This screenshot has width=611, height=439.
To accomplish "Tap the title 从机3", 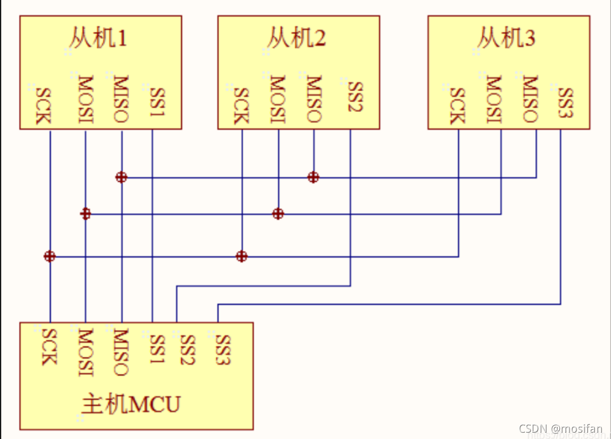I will click(506, 39).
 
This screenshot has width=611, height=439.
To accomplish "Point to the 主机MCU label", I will click(131, 405).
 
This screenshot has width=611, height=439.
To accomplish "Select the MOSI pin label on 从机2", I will click(278, 99).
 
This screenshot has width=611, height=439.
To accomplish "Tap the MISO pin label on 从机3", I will click(530, 99).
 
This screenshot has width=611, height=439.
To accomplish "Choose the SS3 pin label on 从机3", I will click(566, 103).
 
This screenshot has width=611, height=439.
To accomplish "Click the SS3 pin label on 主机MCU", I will click(223, 348).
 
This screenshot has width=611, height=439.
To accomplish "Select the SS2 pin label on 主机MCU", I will click(188, 348).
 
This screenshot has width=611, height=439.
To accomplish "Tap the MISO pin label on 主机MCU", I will click(120, 352).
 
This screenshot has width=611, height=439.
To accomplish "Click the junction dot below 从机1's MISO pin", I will click(121, 177).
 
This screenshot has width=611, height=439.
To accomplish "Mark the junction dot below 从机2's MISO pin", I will click(313, 177).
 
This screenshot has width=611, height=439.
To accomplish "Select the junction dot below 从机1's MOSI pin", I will click(85, 214).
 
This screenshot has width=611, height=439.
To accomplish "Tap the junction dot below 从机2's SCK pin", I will click(242, 256).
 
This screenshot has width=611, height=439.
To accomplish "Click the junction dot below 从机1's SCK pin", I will click(50, 256).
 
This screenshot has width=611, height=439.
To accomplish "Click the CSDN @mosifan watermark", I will click(561, 429).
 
